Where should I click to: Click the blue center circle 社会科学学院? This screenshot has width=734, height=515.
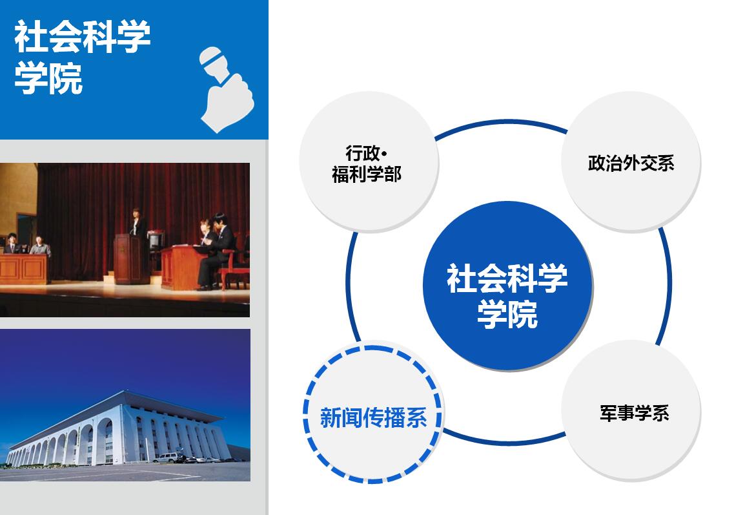pos(507,286)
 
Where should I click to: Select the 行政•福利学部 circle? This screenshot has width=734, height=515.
pos(369,162)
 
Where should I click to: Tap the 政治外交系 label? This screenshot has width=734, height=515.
pos(631,163)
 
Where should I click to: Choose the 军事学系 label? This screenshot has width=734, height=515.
pos(635,414)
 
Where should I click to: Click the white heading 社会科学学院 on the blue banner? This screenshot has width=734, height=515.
pos(83,57)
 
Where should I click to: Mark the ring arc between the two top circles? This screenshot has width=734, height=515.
pos(501,125)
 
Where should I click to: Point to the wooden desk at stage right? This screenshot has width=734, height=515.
pos(183,267)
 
